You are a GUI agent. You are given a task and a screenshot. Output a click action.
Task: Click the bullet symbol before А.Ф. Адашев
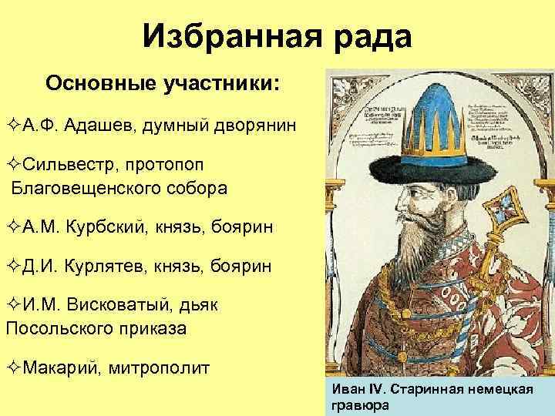(x=11, y=125)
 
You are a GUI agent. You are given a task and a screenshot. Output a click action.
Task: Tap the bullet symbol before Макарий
(x=11, y=367)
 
